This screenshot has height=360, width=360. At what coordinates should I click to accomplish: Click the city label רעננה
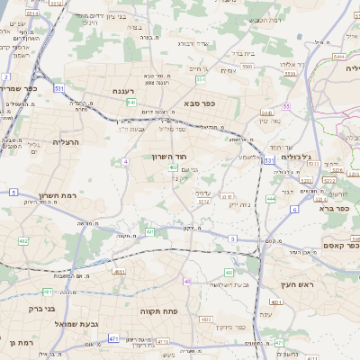pyautogui.click(x=123, y=92)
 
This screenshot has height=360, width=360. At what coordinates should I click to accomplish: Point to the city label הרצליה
pyautogui.click(x=67, y=142)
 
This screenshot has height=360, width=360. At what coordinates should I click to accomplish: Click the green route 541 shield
pyautogui.click(x=131, y=103)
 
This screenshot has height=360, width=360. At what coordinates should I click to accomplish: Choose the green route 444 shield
pyautogui.click(x=271, y=199)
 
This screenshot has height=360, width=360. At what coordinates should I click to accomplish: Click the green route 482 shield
pyautogui.click(x=22, y=241)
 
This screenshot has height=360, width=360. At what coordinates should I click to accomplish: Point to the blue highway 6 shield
pyautogui.click(x=293, y=209)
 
